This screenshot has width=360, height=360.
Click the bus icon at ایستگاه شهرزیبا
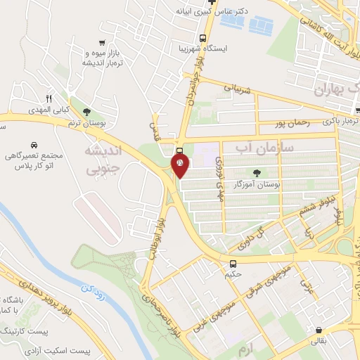(x=202, y=38)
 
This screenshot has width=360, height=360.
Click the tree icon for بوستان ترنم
(x=86, y=111)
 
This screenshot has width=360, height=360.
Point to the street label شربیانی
(x=236, y=89)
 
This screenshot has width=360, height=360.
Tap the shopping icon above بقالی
(x=320, y=329)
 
